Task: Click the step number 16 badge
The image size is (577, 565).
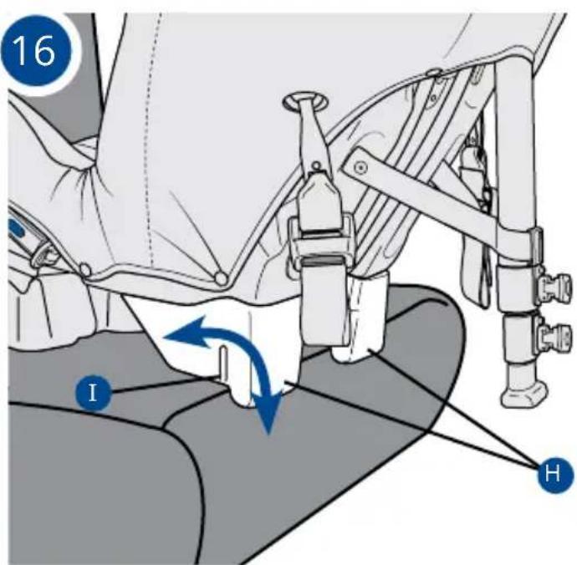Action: (35, 50)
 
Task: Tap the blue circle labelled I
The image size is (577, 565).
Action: (93, 393)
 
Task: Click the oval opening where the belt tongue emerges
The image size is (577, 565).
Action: (306, 101)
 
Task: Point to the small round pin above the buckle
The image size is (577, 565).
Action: (315, 167)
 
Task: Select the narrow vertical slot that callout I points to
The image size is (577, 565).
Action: (224, 364)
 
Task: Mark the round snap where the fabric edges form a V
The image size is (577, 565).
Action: (221, 278)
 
